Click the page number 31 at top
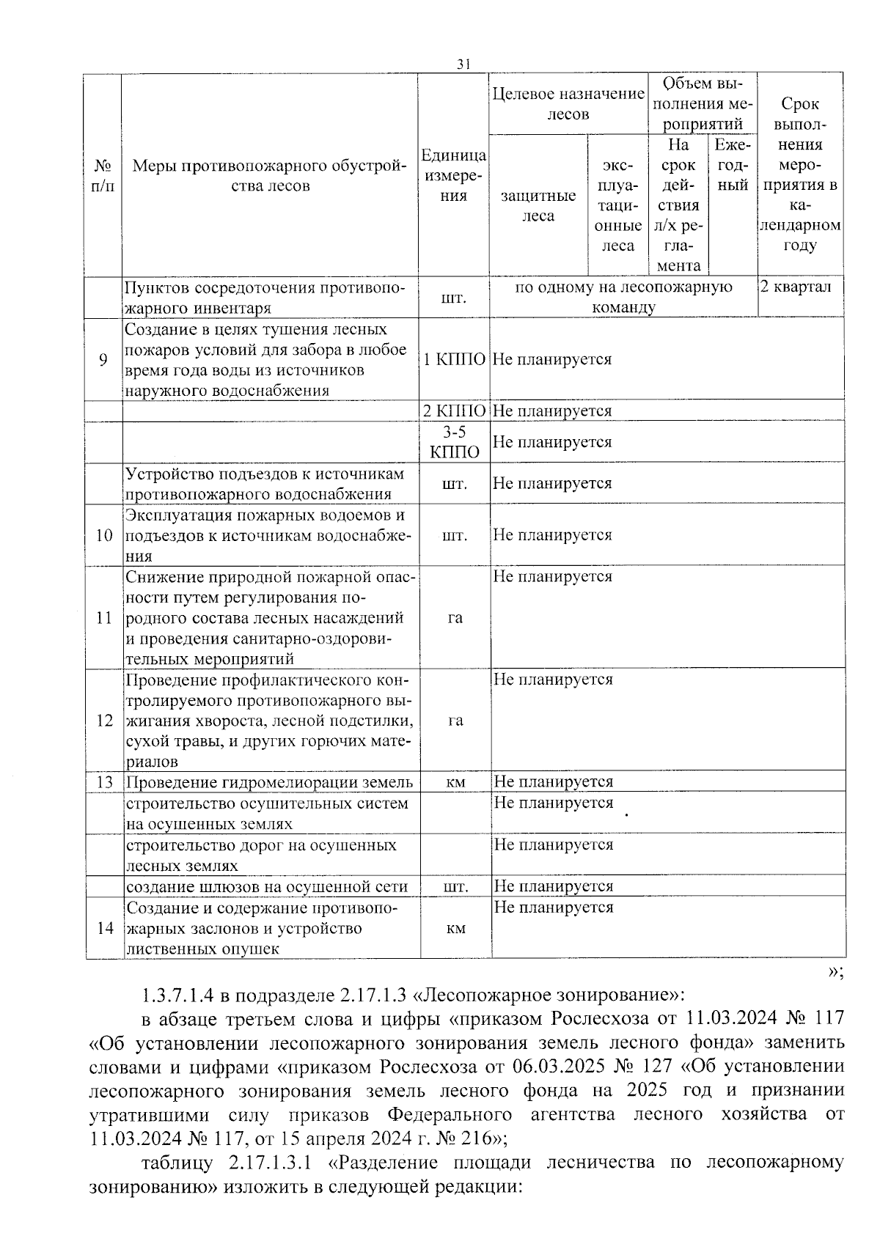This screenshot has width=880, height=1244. (x=463, y=65)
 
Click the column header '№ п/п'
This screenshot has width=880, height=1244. (x=103, y=175)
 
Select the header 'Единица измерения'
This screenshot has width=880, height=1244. (x=454, y=175)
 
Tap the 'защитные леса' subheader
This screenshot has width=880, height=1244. (x=538, y=206)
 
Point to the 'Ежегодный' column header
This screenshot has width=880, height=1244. (x=733, y=165)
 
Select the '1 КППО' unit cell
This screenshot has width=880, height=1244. (x=455, y=359)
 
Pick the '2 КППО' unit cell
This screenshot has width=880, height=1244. (x=455, y=411)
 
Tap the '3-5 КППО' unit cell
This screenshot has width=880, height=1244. (x=455, y=442)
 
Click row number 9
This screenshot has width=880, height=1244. (x=103, y=359)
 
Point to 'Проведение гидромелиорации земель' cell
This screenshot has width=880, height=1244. (x=269, y=782)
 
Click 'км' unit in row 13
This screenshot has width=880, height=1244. (x=455, y=782)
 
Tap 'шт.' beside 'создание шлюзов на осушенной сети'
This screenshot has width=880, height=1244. (x=455, y=887)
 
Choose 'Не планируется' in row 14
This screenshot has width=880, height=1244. (x=553, y=908)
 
